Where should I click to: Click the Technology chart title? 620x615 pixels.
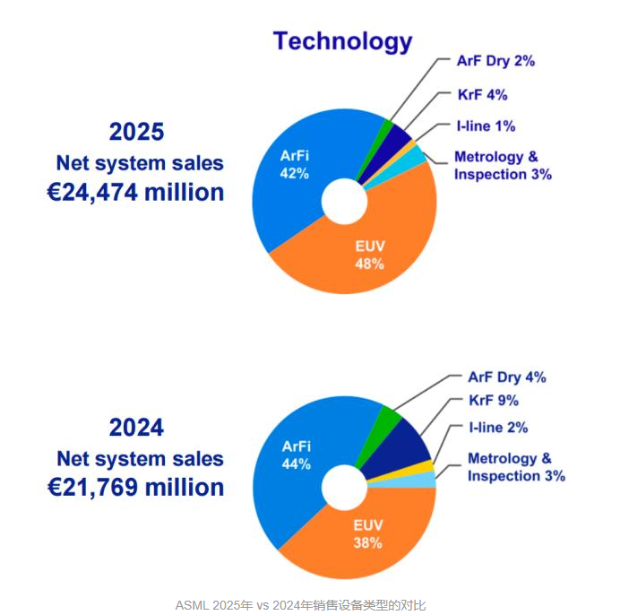[x=342, y=41]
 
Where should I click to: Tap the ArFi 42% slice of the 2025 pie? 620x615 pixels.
[x=291, y=170]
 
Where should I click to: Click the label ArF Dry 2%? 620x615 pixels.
[x=496, y=62]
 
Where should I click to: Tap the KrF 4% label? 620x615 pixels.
[x=482, y=95]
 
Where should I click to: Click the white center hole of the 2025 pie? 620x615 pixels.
[x=345, y=200]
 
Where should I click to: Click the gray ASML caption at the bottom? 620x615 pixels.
[x=301, y=604]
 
